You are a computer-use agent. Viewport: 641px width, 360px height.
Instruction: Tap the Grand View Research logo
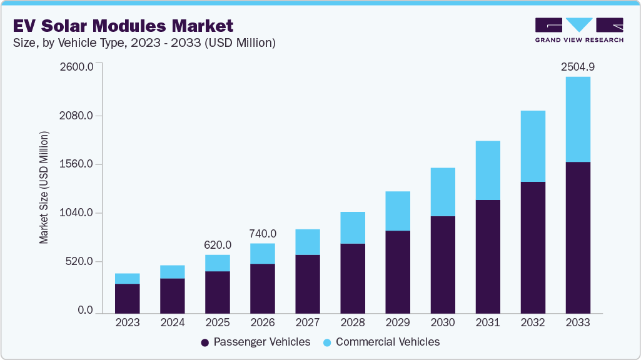(x=578, y=30)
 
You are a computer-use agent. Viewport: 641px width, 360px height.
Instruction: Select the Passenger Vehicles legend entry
(x=256, y=342)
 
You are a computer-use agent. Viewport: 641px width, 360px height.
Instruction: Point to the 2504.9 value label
(x=577, y=67)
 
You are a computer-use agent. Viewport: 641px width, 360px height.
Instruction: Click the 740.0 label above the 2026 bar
(x=262, y=234)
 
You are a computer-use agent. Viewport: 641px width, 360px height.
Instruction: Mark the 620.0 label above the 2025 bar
(x=218, y=245)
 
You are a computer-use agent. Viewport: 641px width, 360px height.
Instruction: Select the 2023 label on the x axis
(x=128, y=323)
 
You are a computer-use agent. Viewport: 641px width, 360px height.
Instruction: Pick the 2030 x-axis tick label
(x=442, y=323)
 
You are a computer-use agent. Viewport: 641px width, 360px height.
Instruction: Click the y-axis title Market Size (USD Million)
(x=44, y=187)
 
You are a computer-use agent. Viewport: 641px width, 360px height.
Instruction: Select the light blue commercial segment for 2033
(x=577, y=119)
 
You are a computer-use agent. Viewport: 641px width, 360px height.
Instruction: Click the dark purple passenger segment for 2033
(x=577, y=237)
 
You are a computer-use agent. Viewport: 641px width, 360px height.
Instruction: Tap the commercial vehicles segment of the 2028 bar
(x=353, y=227)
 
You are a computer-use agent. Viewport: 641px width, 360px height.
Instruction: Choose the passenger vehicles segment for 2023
(x=128, y=298)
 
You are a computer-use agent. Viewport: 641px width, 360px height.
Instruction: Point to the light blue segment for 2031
(x=487, y=170)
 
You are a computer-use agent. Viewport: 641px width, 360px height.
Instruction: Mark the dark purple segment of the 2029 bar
(x=398, y=272)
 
